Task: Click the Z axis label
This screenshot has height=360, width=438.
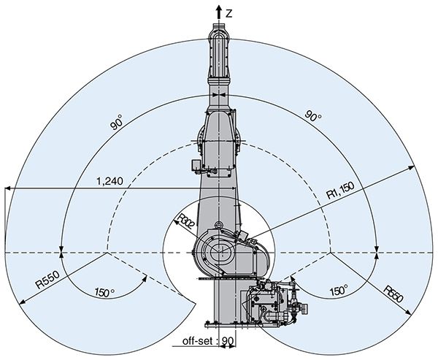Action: (230, 12)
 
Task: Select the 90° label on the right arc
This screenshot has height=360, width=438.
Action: (313, 116)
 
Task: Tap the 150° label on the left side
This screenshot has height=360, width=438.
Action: (105, 291)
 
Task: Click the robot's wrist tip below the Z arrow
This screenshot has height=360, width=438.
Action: (220, 29)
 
